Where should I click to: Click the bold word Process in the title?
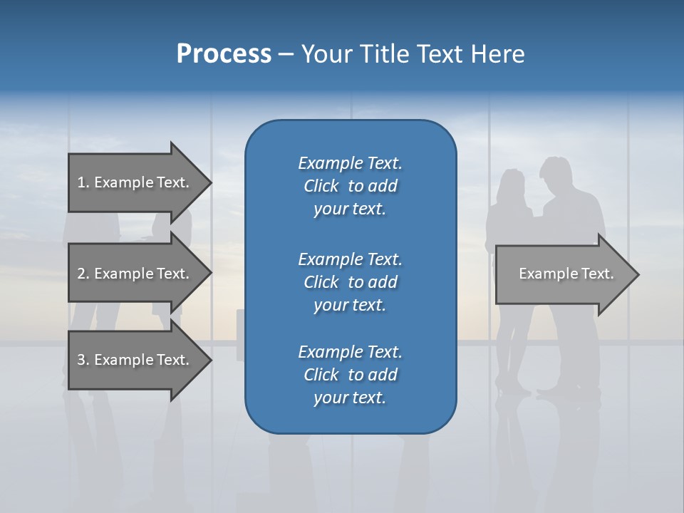click(x=224, y=54)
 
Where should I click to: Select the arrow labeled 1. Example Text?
click(x=135, y=182)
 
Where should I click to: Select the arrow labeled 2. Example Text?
click(x=135, y=274)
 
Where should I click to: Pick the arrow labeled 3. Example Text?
click(x=135, y=360)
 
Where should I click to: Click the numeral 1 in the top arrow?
click(x=81, y=182)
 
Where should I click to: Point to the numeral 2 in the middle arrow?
click(x=81, y=274)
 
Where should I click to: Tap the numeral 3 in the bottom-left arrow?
click(x=81, y=360)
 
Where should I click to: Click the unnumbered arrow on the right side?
click(x=563, y=274)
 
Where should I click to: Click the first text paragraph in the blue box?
click(x=350, y=186)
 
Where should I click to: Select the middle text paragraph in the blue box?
click(x=350, y=281)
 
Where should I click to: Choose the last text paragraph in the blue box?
click(x=350, y=375)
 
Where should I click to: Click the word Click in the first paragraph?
click(x=321, y=186)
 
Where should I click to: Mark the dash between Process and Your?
click(x=286, y=54)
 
